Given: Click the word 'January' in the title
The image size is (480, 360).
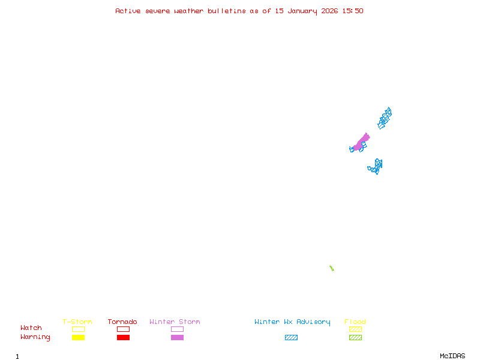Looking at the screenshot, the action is coord(302,11).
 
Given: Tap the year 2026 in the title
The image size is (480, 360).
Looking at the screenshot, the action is coord(329,11).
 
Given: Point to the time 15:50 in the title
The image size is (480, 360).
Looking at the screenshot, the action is coord(353,11).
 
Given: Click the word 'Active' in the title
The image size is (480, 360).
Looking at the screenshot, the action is coord(128,11).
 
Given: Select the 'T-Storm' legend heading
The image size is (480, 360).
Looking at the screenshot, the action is coord(77,322).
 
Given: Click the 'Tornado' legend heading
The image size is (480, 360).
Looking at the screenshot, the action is coord(122,322).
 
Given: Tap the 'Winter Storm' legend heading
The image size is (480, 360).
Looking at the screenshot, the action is coord(175,322).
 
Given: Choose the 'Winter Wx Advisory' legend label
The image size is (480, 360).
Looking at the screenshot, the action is coord(292,322).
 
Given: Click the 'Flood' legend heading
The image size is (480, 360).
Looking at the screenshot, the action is coord(355,322).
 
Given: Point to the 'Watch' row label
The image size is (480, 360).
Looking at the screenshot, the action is coord(31,328).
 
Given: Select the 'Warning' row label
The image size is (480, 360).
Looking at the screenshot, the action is coord(35,337).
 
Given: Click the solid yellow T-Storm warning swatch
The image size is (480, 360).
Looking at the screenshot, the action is coord(79,337).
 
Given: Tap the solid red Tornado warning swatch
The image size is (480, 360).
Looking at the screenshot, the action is coord(124,337).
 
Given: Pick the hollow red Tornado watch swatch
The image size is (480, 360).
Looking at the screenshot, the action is coord(124,326).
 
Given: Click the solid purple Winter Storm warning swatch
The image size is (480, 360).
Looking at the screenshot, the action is coord(177,337).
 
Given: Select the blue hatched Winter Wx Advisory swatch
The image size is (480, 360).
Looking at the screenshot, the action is coord(291,337).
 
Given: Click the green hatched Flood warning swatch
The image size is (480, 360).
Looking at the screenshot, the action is coord(355,337).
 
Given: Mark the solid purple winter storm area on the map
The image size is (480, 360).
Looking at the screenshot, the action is coord(361,143).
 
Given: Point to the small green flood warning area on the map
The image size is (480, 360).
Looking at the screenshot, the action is coord(332,268).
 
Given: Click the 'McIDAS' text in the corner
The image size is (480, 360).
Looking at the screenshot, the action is coord(452,356).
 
